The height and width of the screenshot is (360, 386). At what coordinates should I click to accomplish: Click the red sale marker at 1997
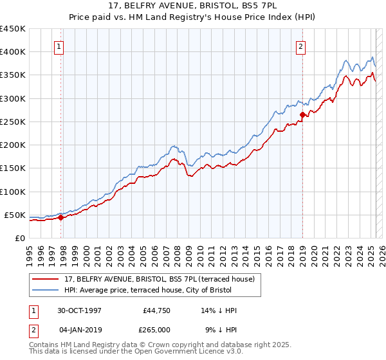[x=61, y=217]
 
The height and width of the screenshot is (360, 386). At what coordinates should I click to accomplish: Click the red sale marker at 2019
[x=302, y=115]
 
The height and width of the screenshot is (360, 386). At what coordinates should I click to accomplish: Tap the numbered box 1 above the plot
[x=59, y=46]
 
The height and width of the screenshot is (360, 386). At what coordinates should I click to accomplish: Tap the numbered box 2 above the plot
[x=300, y=46]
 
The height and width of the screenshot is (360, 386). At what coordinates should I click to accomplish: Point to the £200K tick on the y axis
[x=12, y=145]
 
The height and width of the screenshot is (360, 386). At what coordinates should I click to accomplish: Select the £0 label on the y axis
[x=19, y=239]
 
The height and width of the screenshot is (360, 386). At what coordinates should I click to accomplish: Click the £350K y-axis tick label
[x=12, y=75]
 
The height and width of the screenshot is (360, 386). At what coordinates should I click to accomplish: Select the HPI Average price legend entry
[x=152, y=291]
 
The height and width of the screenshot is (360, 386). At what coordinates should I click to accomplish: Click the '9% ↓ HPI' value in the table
[x=221, y=329]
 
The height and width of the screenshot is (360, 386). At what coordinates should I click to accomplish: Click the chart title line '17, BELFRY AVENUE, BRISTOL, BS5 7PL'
[x=193, y=7]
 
